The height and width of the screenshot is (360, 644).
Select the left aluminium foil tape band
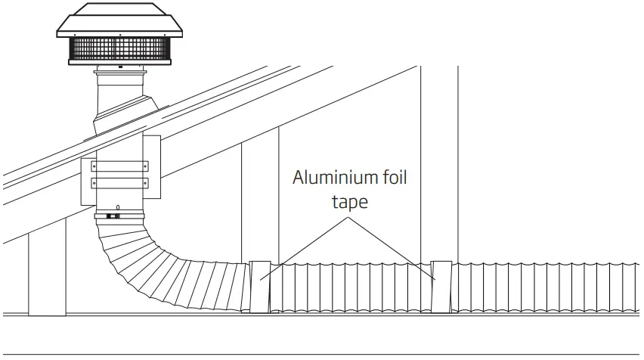point(260,287)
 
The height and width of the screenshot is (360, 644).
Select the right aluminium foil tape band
point(441,287)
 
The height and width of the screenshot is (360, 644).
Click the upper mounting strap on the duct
point(119,166)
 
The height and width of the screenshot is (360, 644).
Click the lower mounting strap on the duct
point(119,183)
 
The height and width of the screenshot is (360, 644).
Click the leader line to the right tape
point(393,250)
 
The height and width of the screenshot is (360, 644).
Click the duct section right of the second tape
point(544,287)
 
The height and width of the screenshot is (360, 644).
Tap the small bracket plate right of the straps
point(151,168)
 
